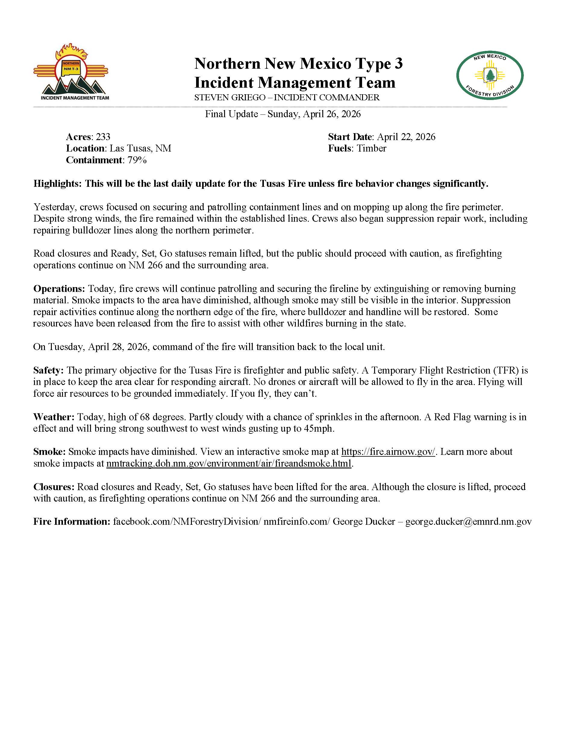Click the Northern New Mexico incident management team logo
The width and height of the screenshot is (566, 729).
(71, 72)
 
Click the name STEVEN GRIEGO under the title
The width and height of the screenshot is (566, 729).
(230, 98)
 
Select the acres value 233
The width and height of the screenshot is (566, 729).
(103, 137)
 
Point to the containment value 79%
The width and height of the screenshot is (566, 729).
(137, 160)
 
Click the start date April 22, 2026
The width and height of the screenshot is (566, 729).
(406, 137)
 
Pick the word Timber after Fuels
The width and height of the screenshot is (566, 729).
(371, 148)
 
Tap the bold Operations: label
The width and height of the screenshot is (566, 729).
(59, 288)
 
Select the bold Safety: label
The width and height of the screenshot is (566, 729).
(48, 370)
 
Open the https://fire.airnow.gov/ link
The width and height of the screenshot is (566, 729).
(388, 452)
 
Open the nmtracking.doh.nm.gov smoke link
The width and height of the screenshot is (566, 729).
(229, 463)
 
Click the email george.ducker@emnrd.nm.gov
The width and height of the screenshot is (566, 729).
(468, 521)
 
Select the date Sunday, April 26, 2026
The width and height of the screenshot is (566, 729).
(314, 114)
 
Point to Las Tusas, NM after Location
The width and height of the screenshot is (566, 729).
(140, 148)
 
